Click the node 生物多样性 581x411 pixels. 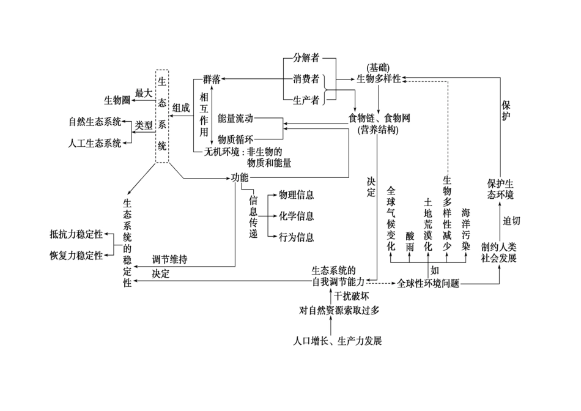click(379, 79)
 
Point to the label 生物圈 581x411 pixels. click(116, 100)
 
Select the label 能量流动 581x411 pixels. click(235, 117)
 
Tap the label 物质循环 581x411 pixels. click(235, 138)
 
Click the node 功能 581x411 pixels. click(239, 177)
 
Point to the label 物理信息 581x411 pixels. click(296, 195)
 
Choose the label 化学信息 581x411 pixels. click(296, 216)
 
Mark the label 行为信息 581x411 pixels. click(296, 237)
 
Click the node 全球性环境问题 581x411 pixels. click(428, 283)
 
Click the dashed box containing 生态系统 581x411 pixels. click(162, 116)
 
